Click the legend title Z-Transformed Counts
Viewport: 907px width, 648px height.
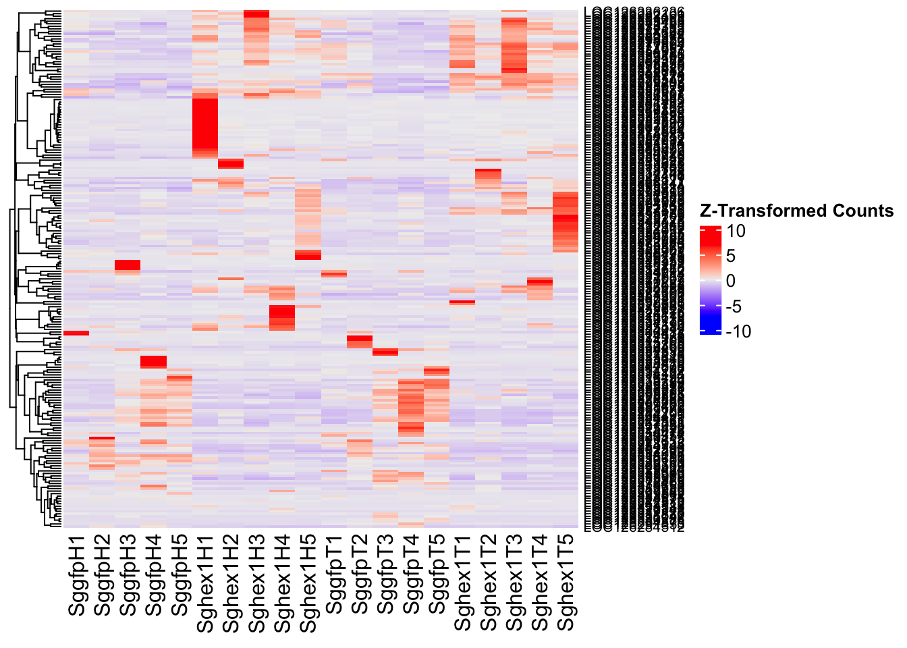[x=796, y=211]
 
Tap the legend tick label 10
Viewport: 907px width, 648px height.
[x=736, y=232]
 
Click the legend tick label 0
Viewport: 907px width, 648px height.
[x=731, y=281]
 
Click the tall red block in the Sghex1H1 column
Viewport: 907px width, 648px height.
[x=205, y=125]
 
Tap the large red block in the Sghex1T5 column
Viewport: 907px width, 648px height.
[x=566, y=223]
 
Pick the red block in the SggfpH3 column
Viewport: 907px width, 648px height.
[x=128, y=265]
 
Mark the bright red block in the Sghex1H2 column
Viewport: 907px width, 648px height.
[x=231, y=164]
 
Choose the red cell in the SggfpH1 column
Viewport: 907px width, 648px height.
[x=76, y=333]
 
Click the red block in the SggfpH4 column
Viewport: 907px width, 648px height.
[x=153, y=362]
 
